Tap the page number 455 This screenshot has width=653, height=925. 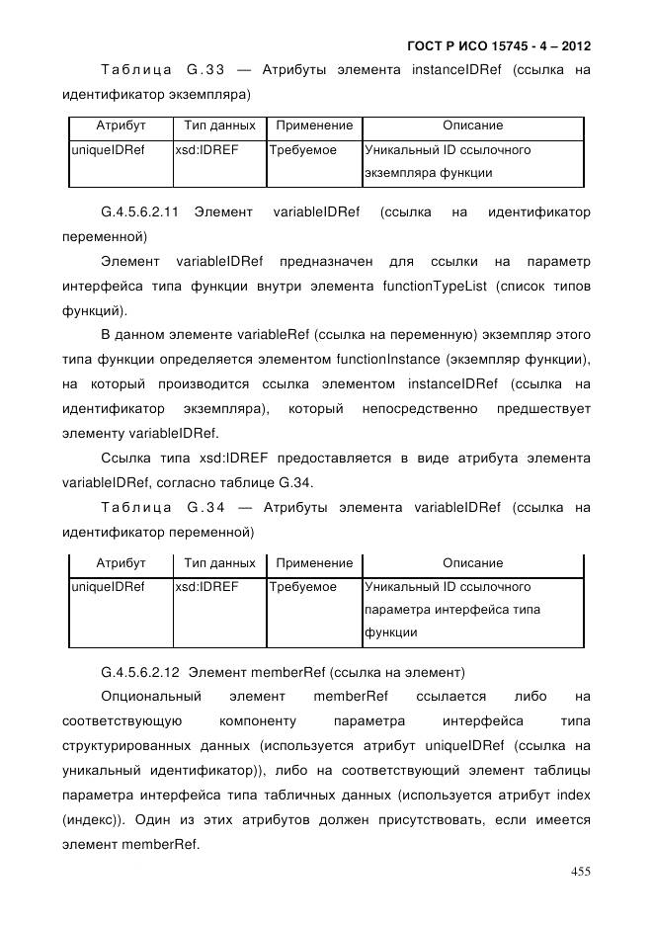[x=581, y=871]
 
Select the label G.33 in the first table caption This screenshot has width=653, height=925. [x=205, y=70]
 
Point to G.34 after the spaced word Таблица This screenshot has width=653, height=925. [x=205, y=508]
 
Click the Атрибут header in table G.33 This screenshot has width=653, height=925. [x=121, y=126]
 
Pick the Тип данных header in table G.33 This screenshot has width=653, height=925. [x=219, y=126]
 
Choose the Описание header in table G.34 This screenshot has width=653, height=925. [x=472, y=563]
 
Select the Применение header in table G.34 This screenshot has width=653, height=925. [x=314, y=563]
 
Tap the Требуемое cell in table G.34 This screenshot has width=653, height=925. [x=303, y=587]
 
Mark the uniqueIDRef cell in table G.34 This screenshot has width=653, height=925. [x=108, y=587]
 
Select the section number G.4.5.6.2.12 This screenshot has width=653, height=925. [x=139, y=673]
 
